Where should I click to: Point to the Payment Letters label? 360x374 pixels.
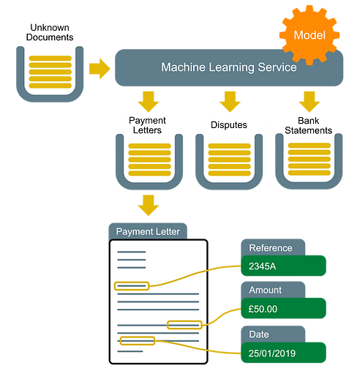(x=147, y=125)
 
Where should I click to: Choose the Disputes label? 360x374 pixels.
(x=228, y=125)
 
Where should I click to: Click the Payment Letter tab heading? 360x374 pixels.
(x=148, y=231)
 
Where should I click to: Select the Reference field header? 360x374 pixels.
(x=271, y=247)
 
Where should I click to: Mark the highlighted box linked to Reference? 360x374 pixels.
(x=131, y=285)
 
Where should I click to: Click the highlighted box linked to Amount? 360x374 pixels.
(x=184, y=324)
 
